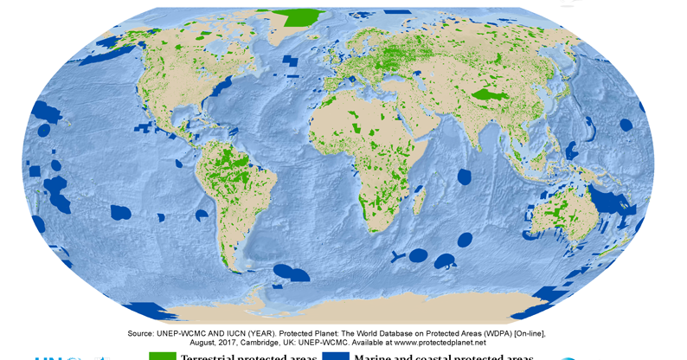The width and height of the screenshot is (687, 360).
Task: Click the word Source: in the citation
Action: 144,333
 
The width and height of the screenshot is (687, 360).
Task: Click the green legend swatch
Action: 163,356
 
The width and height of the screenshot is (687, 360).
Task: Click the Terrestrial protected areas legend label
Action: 248,357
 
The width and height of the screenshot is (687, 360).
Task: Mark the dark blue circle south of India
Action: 465,177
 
